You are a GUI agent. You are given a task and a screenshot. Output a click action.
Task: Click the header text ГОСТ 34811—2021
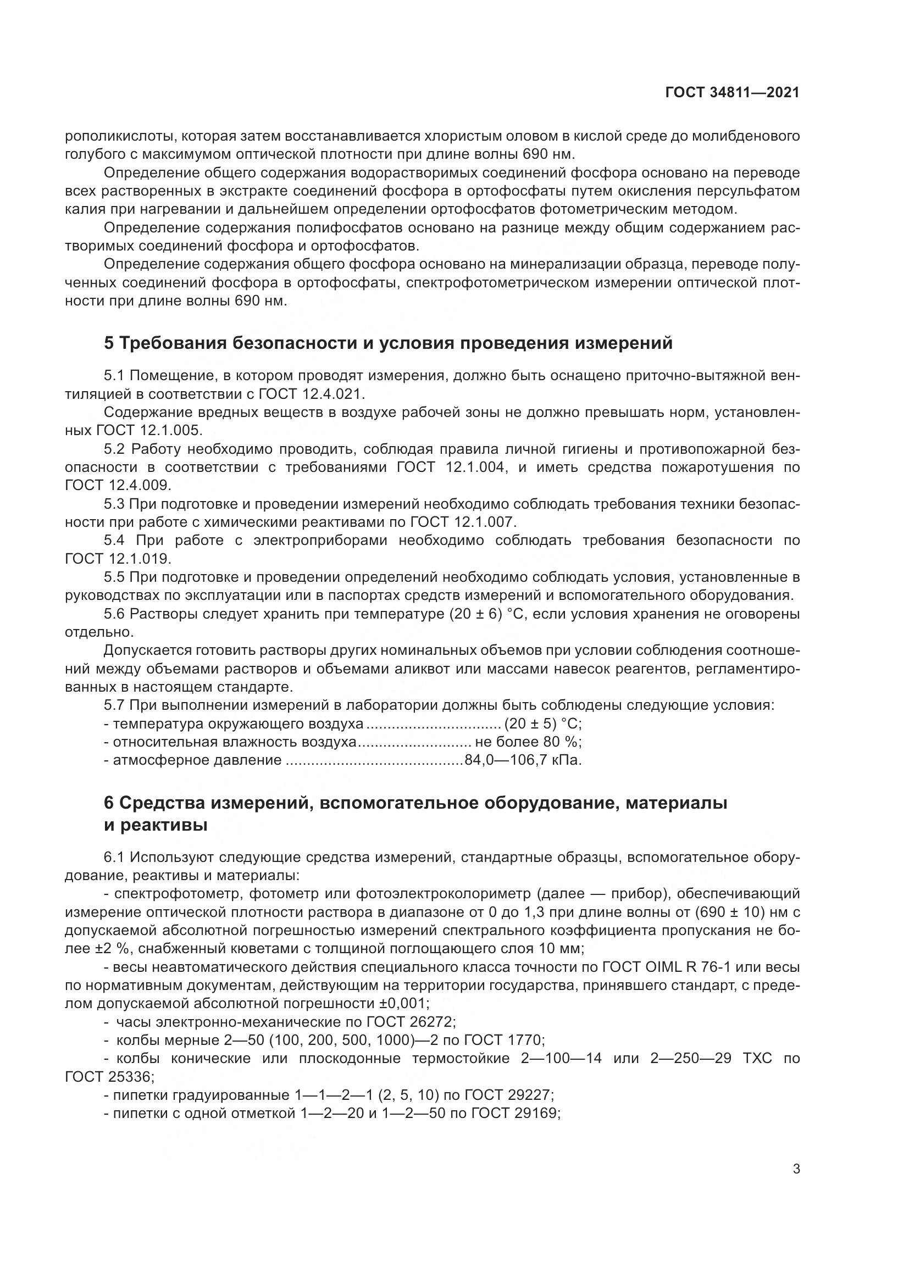pyautogui.click(x=732, y=93)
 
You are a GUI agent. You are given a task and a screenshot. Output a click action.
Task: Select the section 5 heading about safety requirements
pyautogui.click(x=388, y=343)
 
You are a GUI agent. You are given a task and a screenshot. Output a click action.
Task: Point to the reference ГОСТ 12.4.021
pyautogui.click(x=311, y=394)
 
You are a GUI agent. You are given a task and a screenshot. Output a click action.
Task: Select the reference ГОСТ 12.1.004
pyautogui.click(x=451, y=468)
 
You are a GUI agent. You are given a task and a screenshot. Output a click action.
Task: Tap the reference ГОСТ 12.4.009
pyautogui.click(x=118, y=485)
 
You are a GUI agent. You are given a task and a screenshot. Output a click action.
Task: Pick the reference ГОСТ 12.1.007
pyautogui.click(x=462, y=522)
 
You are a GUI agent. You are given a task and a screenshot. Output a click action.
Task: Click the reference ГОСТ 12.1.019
pyautogui.click(x=118, y=559)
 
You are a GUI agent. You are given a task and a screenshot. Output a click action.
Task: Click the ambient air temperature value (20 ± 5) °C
pyautogui.click(x=542, y=724)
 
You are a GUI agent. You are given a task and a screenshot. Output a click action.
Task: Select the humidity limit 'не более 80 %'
pyautogui.click(x=528, y=742)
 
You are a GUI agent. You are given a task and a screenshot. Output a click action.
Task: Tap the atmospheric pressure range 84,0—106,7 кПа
pyautogui.click(x=523, y=760)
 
